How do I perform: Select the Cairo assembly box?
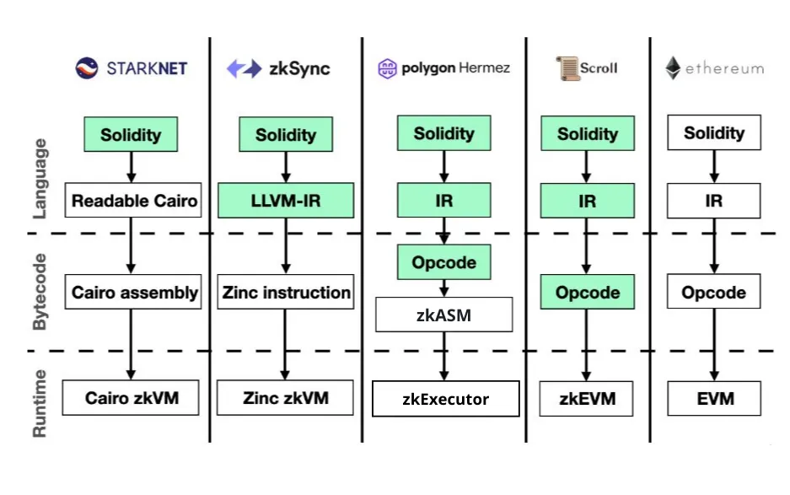point(134,293)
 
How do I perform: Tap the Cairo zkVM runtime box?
point(132,397)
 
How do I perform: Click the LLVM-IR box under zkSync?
point(286,201)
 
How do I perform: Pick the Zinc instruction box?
point(286,293)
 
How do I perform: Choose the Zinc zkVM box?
point(286,397)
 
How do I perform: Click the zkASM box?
point(443,315)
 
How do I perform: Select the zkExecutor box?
point(445,399)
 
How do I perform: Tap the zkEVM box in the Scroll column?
point(588,398)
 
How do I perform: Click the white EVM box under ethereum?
point(714,398)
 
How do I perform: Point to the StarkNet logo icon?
point(88,68)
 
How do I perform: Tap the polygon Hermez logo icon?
point(387,68)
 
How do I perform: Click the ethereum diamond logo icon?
point(673,68)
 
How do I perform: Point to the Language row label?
point(40,179)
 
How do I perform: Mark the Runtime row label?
point(40,403)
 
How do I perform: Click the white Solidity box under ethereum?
point(714,133)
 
